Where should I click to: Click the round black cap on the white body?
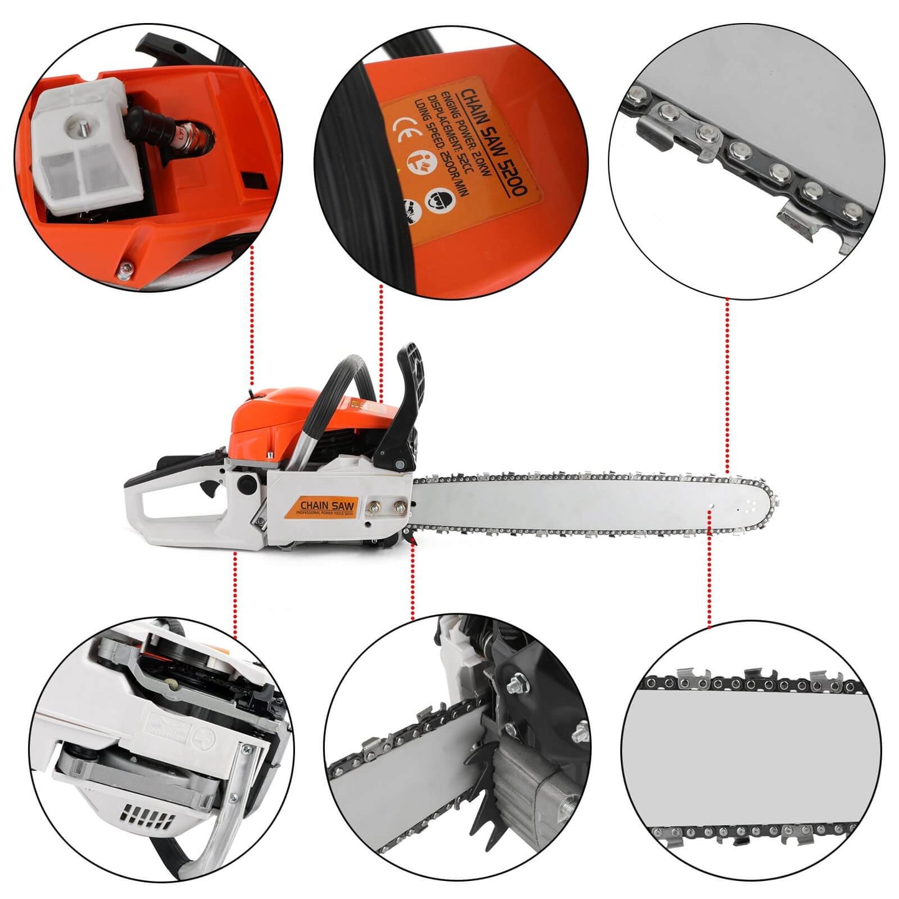tap(247, 483)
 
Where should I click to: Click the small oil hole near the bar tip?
tap(710, 512)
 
